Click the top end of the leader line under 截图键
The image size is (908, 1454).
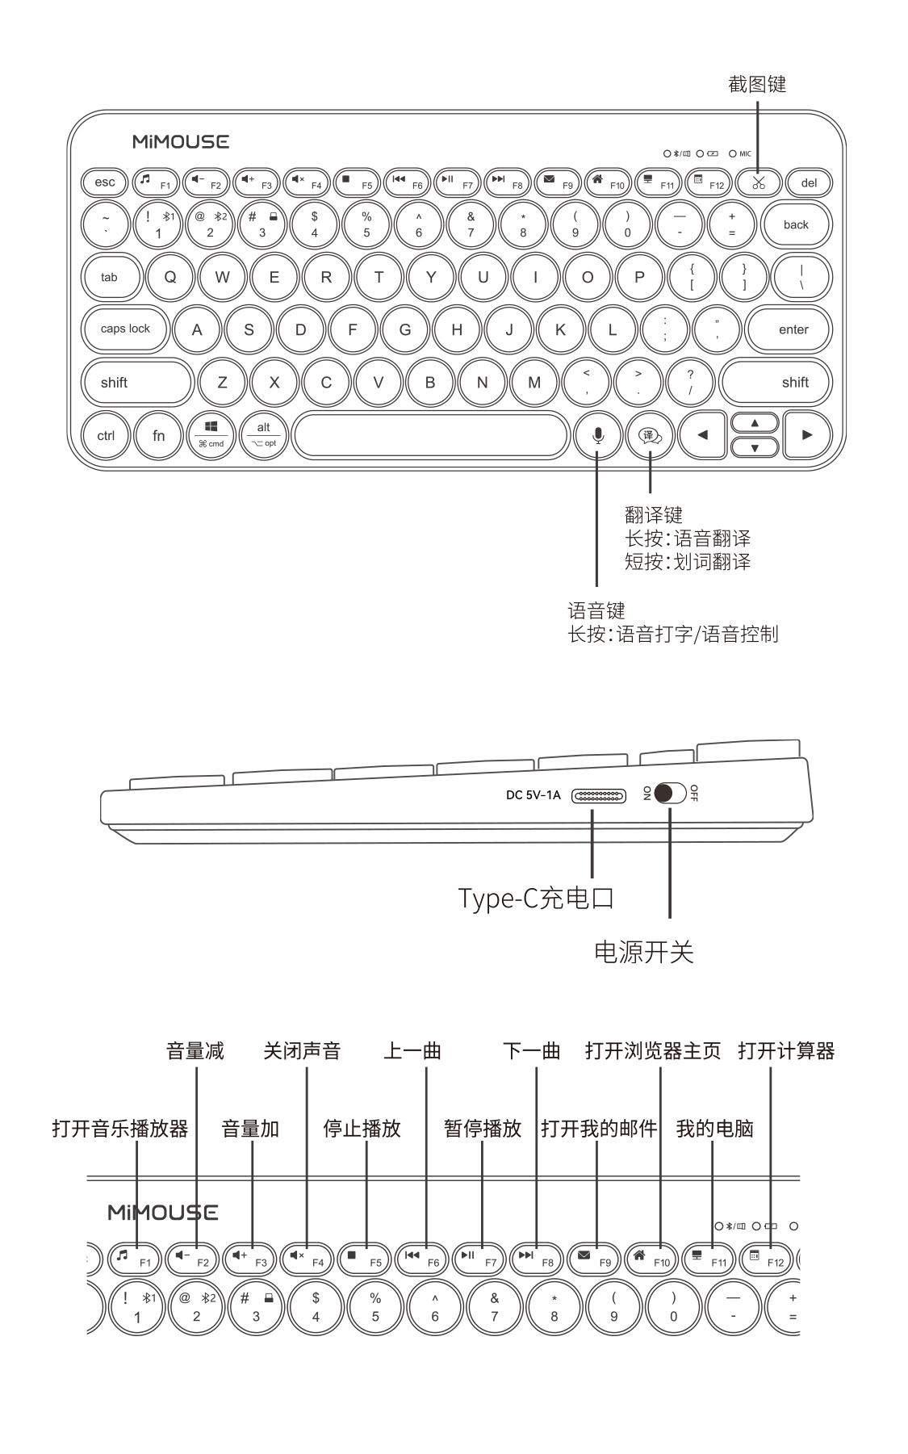click(x=758, y=98)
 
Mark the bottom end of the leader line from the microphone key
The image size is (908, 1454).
click(x=596, y=585)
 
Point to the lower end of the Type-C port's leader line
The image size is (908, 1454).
click(x=592, y=877)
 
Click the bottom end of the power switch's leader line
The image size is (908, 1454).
click(x=670, y=918)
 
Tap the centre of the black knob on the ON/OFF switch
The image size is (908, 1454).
click(x=664, y=794)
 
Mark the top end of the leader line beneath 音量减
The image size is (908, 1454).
click(x=197, y=1068)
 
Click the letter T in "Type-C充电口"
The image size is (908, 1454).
click(x=466, y=898)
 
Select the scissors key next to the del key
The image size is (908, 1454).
click(x=759, y=183)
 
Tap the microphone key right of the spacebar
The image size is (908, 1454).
click(x=597, y=436)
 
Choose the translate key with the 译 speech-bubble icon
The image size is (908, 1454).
click(x=650, y=436)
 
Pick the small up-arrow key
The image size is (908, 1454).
click(x=755, y=423)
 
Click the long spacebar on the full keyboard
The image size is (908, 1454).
click(x=431, y=436)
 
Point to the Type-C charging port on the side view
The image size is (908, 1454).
click(x=598, y=796)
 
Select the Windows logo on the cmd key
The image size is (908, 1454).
click(x=211, y=426)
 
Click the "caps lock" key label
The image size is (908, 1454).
click(x=125, y=329)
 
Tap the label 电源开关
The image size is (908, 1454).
click(x=643, y=952)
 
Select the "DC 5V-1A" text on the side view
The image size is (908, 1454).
click(x=533, y=795)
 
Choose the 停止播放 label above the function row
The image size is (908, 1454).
click(x=362, y=1128)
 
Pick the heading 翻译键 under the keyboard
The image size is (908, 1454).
click(x=654, y=514)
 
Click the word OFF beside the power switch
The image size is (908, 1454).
click(x=694, y=793)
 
